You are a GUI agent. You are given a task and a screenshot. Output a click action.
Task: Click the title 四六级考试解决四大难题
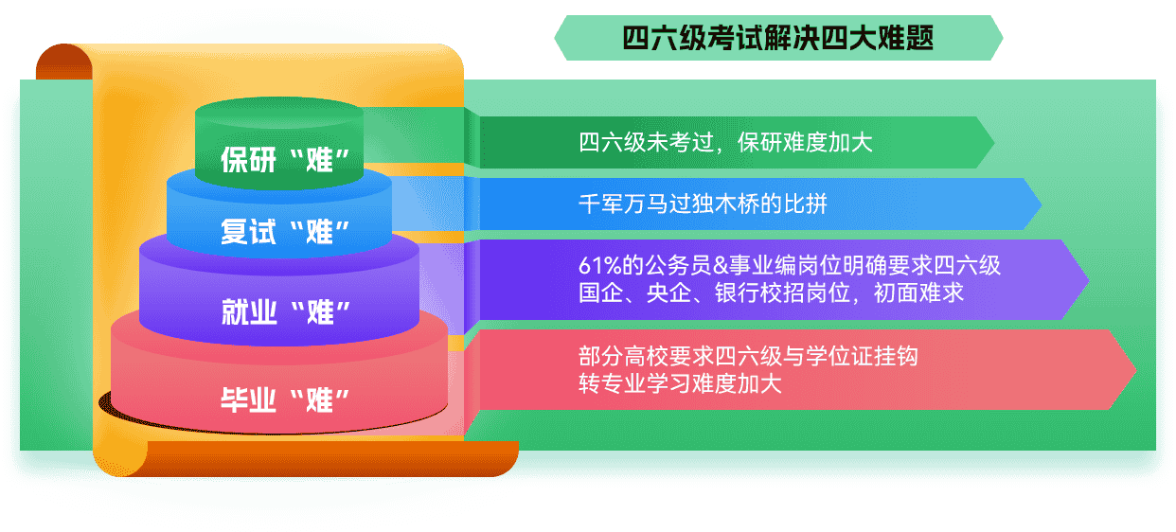(778, 38)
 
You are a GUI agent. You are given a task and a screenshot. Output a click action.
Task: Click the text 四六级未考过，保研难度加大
(724, 143)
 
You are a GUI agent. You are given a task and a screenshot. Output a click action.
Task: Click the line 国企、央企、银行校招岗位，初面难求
(771, 293)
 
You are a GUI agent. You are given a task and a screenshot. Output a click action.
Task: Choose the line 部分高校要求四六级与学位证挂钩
(748, 357)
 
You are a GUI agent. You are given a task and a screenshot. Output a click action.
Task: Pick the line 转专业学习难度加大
(680, 383)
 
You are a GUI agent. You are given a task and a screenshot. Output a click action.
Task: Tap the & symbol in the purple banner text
(726, 267)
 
